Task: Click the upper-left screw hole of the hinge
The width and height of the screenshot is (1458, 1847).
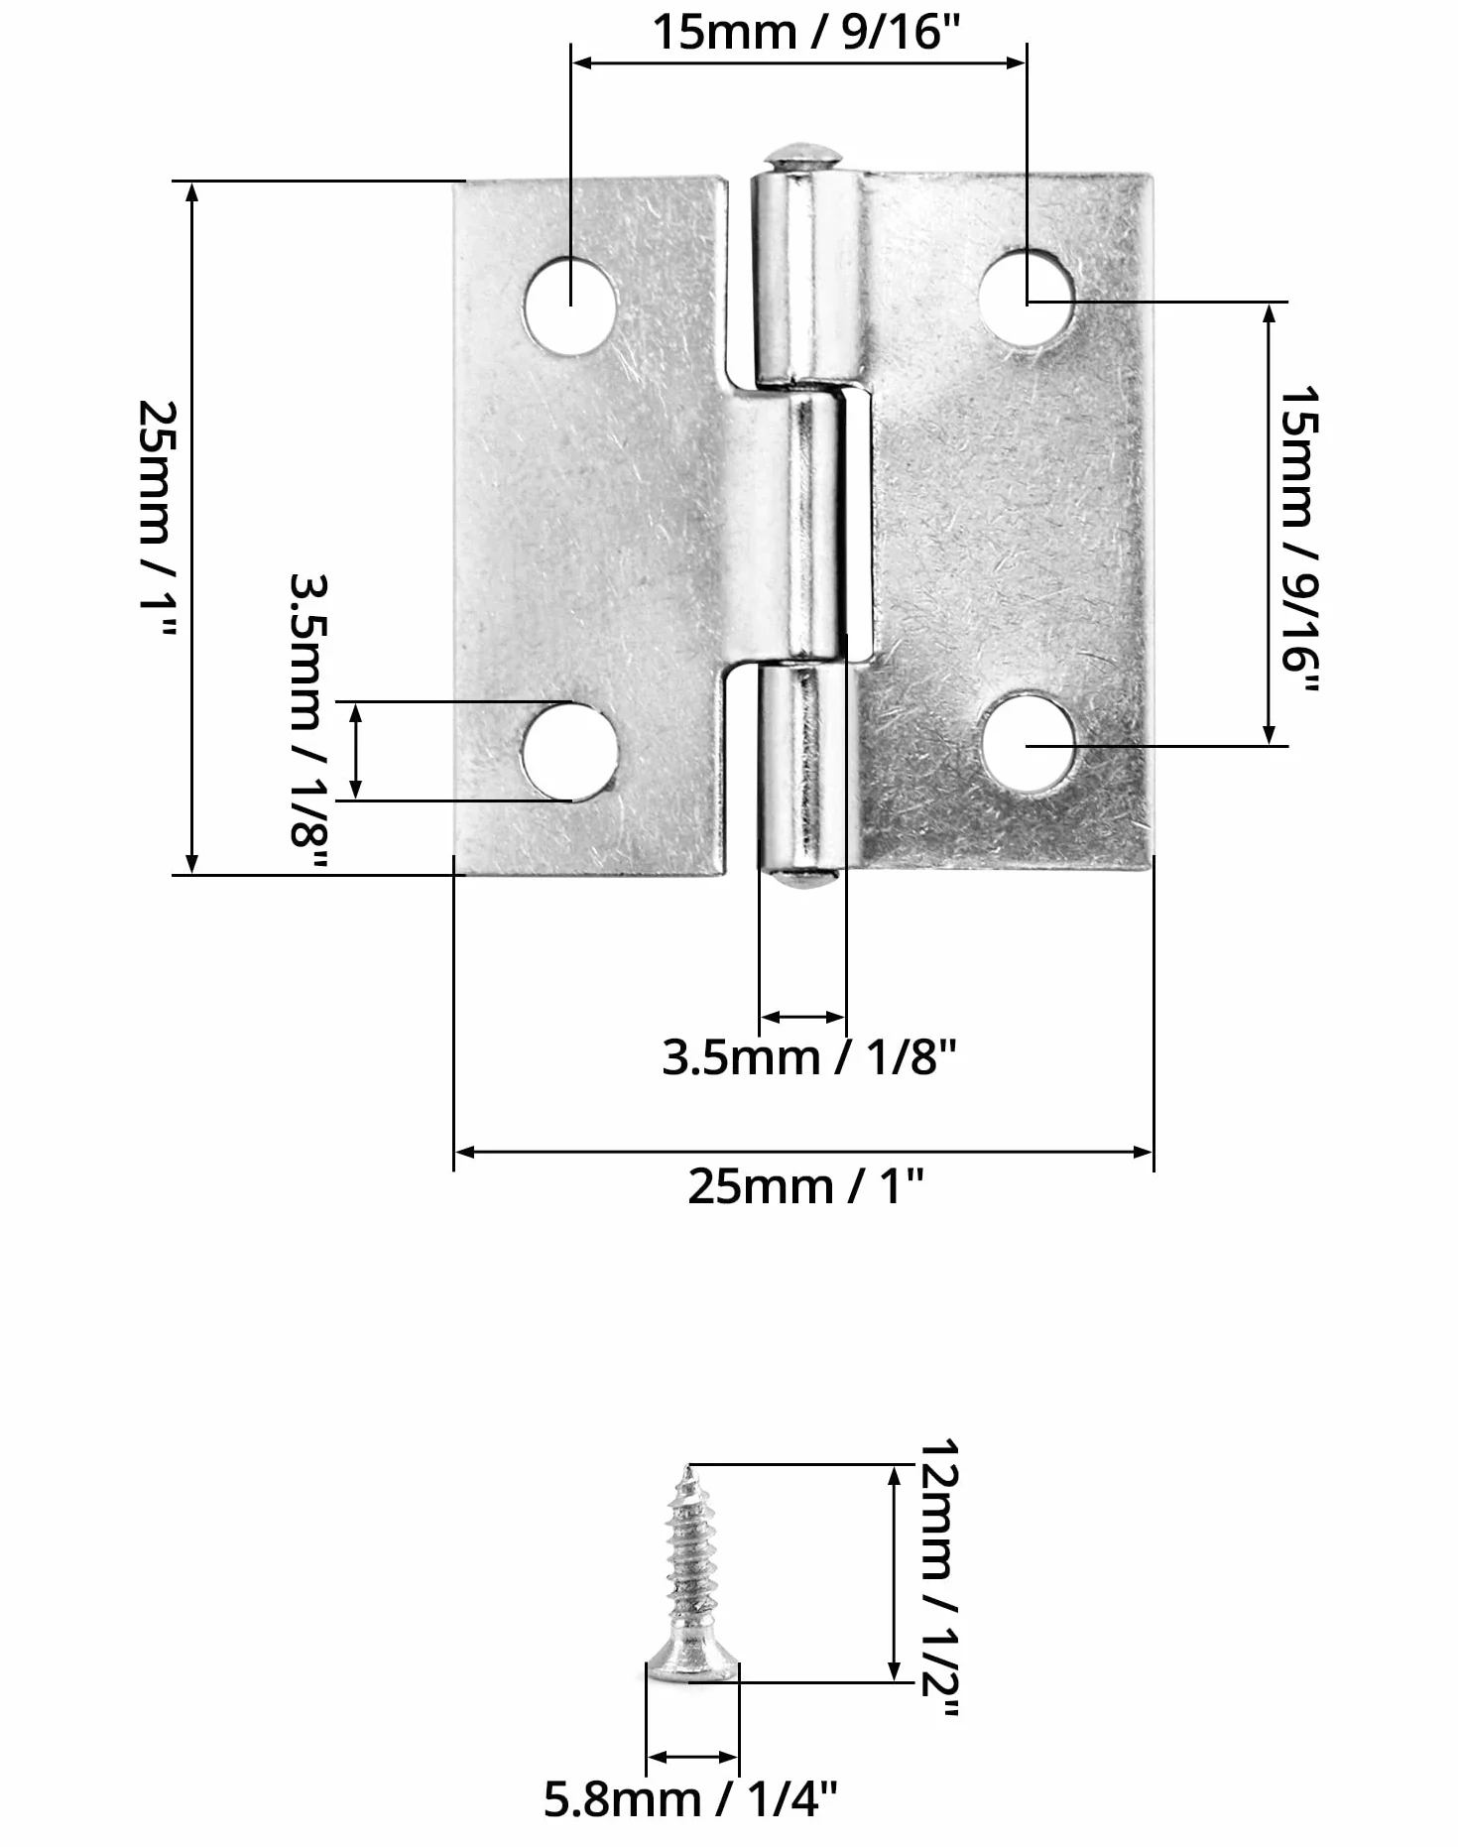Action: click(x=570, y=306)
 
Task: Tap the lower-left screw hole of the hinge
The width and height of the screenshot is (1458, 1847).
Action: click(x=569, y=752)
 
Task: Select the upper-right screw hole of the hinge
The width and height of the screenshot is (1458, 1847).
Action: click(x=1027, y=299)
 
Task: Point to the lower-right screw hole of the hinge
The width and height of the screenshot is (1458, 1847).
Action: click(x=1029, y=744)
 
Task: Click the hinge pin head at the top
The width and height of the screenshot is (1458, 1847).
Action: click(x=803, y=157)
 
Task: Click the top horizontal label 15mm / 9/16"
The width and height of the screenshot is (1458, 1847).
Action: click(x=806, y=32)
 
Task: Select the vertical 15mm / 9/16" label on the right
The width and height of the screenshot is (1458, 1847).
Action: click(x=1298, y=538)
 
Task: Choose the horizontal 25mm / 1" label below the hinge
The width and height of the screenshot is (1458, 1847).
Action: click(x=805, y=1185)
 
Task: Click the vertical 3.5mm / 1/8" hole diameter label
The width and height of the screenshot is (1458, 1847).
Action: click(x=308, y=722)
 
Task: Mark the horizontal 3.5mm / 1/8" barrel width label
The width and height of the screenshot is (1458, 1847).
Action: click(x=809, y=1056)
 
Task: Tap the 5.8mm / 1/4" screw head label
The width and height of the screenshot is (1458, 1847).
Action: click(x=690, y=1798)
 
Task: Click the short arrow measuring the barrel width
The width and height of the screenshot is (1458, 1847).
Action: click(x=802, y=1017)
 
